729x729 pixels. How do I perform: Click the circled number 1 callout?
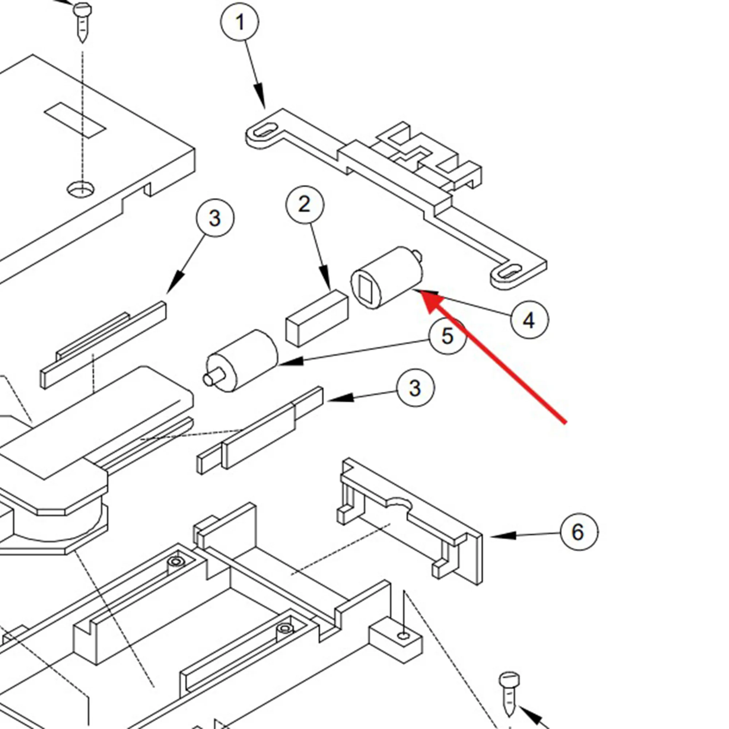click(x=239, y=22)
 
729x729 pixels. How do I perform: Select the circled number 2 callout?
click(x=304, y=204)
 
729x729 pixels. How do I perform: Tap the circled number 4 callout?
click(x=529, y=320)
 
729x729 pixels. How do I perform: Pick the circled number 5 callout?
click(x=448, y=335)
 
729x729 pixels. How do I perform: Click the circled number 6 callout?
click(x=579, y=532)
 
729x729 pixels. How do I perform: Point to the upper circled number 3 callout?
click(x=215, y=218)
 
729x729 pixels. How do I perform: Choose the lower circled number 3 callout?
click(x=415, y=388)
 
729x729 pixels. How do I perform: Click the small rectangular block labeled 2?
click(x=317, y=318)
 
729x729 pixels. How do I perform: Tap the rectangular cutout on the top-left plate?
click(x=75, y=120)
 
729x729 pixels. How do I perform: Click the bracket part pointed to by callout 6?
click(x=411, y=521)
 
